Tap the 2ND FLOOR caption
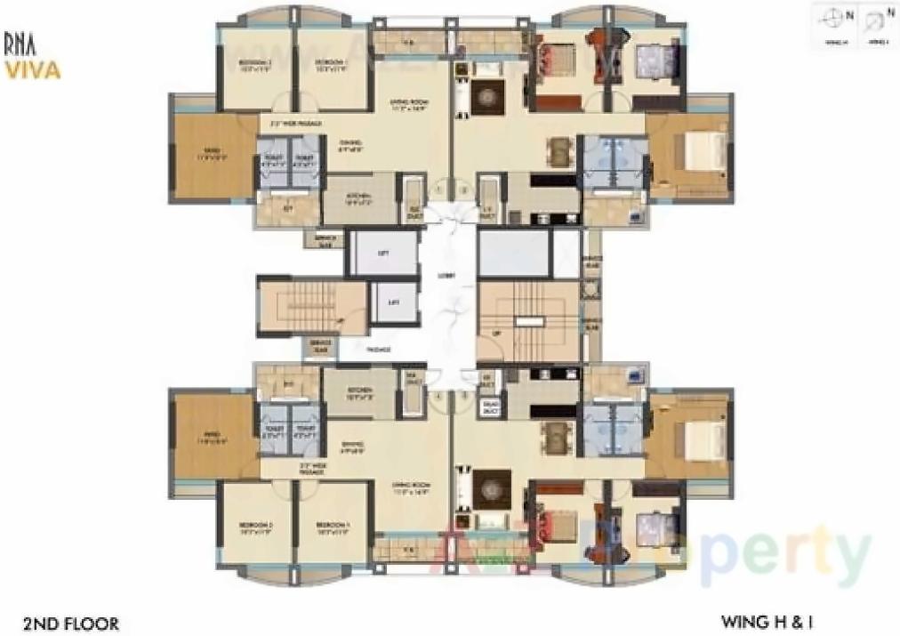click(x=72, y=624)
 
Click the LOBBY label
click(x=446, y=277)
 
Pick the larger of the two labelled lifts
click(x=383, y=254)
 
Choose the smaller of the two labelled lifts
click(x=393, y=302)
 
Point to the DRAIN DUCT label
click(x=490, y=408)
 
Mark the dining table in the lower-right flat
click(x=558, y=435)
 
